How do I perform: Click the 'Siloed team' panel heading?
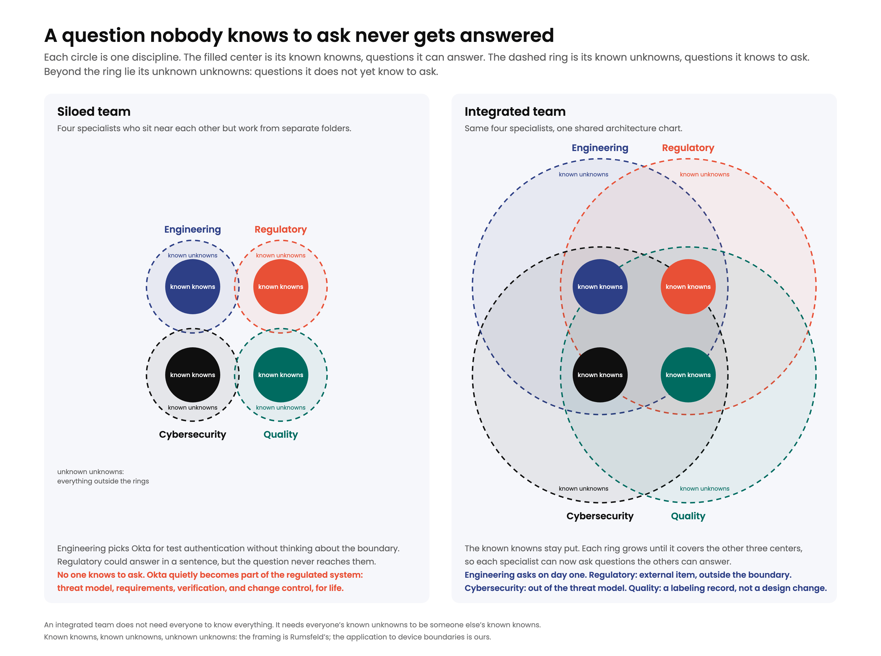click(94, 112)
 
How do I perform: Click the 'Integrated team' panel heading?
click(515, 112)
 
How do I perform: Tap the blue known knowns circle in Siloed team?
click(192, 287)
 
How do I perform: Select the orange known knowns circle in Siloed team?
click(281, 287)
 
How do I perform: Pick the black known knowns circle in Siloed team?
click(192, 375)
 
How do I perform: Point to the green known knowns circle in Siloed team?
click(281, 375)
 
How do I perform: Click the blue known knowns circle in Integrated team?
click(600, 287)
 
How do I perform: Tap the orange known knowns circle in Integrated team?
click(688, 287)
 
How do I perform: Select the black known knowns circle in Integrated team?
click(600, 375)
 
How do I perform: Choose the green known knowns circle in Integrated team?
click(688, 375)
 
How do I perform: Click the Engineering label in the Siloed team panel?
click(192, 230)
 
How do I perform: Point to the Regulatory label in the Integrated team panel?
click(688, 148)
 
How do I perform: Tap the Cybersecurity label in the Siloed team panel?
click(192, 434)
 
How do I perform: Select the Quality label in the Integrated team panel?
click(688, 516)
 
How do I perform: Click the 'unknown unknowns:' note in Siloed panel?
click(91, 472)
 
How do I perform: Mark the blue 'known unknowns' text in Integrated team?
click(583, 174)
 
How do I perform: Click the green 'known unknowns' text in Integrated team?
click(705, 488)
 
